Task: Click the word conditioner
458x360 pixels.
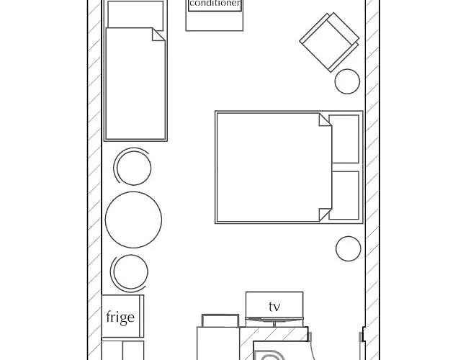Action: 214,4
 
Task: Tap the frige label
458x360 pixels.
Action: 120,318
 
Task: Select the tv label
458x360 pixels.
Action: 274,307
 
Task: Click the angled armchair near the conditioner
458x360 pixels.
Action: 329,43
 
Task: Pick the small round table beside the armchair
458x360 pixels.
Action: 347,81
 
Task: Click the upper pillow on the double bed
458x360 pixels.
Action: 345,139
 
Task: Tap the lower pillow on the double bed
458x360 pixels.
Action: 345,195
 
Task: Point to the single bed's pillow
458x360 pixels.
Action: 135,14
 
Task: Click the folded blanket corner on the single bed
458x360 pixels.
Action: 158,35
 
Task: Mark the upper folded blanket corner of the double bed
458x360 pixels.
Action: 325,120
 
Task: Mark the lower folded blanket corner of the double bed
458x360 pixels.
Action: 325,214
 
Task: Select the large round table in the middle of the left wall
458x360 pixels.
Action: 133,220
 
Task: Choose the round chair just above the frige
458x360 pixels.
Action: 130,273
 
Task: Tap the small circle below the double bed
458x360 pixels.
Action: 348,249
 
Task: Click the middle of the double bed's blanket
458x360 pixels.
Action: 270,167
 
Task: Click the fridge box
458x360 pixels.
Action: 122,317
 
